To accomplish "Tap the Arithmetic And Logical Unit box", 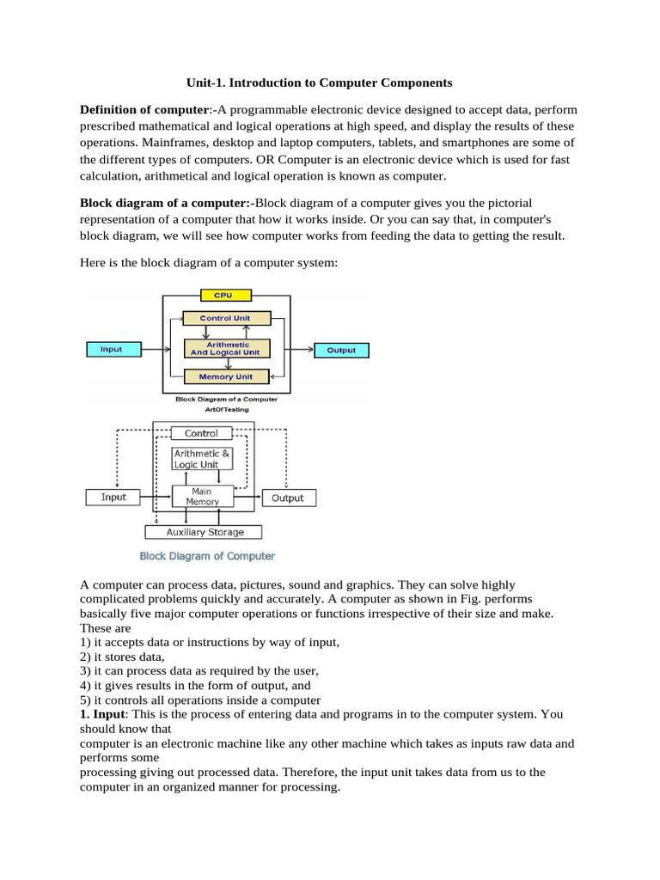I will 228,349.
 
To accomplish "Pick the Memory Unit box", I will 228,376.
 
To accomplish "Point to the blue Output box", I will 341,350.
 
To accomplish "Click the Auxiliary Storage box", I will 204,532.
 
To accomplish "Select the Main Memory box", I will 202,497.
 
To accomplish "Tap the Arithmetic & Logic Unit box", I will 202,459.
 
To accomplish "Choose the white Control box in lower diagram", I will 202,434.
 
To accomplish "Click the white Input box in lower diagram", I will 113,497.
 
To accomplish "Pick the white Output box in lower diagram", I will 288,498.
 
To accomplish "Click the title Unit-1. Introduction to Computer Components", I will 320,82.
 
